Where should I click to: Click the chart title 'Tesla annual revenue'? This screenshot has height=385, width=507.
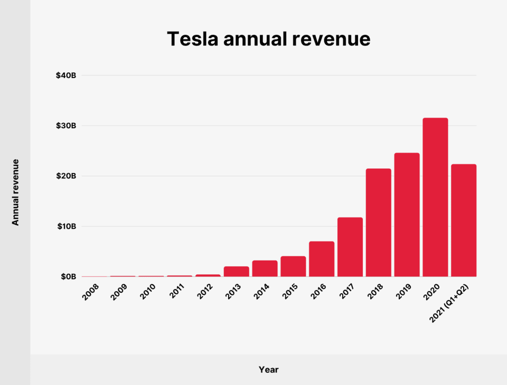(x=268, y=39)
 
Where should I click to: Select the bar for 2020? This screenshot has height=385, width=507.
(x=435, y=197)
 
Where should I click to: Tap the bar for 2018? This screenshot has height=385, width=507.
(x=378, y=223)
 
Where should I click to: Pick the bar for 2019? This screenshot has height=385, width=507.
(x=407, y=215)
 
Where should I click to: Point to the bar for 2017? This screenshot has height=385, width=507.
(x=350, y=247)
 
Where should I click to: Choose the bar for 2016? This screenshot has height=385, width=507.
(x=322, y=259)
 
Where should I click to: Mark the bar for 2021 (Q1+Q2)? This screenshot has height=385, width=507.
(x=464, y=220)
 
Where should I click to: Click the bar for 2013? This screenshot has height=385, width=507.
(x=236, y=271)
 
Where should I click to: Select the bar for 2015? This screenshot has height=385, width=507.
(x=293, y=266)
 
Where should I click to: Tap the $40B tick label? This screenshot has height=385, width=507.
(x=66, y=75)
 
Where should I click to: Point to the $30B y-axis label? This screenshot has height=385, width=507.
(x=66, y=126)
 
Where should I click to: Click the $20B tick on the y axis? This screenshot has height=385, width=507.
(x=66, y=176)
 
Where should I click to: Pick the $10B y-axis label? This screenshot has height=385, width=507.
(x=66, y=226)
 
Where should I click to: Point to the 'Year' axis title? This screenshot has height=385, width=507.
(x=268, y=370)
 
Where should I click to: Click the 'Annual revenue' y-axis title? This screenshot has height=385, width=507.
(x=15, y=192)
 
